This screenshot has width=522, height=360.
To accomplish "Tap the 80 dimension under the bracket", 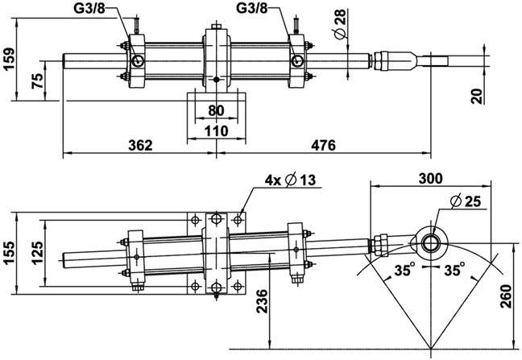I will (216, 110).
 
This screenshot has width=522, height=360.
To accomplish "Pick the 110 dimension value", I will (216, 129).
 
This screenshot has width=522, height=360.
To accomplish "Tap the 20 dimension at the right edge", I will (478, 95).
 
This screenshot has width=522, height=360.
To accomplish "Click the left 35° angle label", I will (404, 271).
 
